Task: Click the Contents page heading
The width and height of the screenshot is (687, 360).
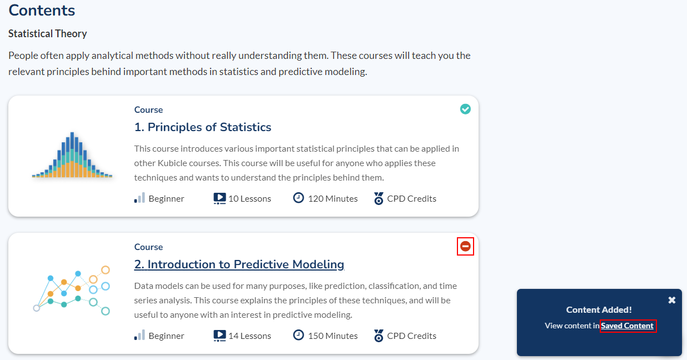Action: (x=42, y=11)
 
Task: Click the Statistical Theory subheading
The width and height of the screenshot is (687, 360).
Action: (x=48, y=33)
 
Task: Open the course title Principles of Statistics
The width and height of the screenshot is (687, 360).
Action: (x=203, y=127)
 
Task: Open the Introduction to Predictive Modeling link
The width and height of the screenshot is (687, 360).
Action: (x=239, y=264)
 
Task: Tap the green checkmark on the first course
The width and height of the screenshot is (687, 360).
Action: (x=465, y=109)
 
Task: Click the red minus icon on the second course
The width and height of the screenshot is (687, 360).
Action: (x=465, y=246)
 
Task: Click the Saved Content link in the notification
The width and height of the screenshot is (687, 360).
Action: (x=627, y=326)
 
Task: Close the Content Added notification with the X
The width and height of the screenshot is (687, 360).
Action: (x=672, y=300)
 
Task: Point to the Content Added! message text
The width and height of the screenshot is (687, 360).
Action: (x=599, y=309)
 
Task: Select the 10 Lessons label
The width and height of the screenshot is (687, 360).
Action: (x=250, y=199)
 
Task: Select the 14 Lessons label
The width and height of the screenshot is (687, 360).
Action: (x=250, y=336)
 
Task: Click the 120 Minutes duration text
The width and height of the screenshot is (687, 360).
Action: (x=333, y=199)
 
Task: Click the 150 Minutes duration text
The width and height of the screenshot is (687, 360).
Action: (x=333, y=336)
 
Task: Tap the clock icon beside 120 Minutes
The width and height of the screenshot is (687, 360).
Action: (x=298, y=198)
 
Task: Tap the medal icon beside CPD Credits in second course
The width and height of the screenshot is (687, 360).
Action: (x=379, y=336)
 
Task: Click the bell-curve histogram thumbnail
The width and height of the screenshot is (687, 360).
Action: (x=72, y=155)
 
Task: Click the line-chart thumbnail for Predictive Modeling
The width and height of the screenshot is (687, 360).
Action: (x=72, y=291)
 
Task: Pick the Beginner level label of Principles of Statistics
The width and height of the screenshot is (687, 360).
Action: (x=166, y=199)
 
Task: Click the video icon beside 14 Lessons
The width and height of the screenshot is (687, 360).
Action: (x=220, y=336)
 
